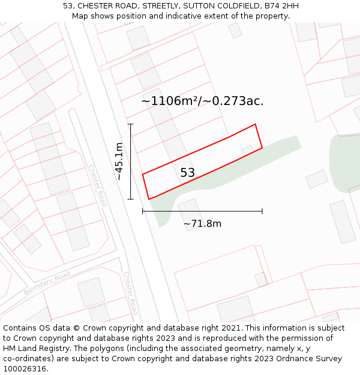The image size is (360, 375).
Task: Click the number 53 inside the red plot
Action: pyautogui.click(x=187, y=173)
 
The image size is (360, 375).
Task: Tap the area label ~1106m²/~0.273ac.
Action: pyautogui.click(x=202, y=101)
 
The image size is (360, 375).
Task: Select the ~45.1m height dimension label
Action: pyautogui.click(x=119, y=161)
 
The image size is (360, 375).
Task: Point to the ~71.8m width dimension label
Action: pyautogui.click(x=202, y=224)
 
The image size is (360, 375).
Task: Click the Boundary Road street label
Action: pyautogui.click(x=47, y=283)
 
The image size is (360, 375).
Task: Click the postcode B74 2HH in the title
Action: pyautogui.click(x=281, y=6)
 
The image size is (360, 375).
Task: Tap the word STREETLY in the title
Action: pyautogui.click(x=164, y=6)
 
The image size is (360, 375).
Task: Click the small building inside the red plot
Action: pyautogui.click(x=247, y=150)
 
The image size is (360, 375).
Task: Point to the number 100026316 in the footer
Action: pyautogui.click(x=24, y=369)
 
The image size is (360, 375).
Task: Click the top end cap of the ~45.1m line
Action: pyautogui.click(x=131, y=124)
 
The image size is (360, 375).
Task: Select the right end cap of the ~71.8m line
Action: pyautogui.click(x=262, y=211)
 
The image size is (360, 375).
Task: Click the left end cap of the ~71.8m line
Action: pyautogui.click(x=143, y=211)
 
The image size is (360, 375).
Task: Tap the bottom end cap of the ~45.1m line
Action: pyautogui.click(x=131, y=199)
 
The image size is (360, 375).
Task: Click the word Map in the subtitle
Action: pyautogui.click(x=80, y=16)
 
